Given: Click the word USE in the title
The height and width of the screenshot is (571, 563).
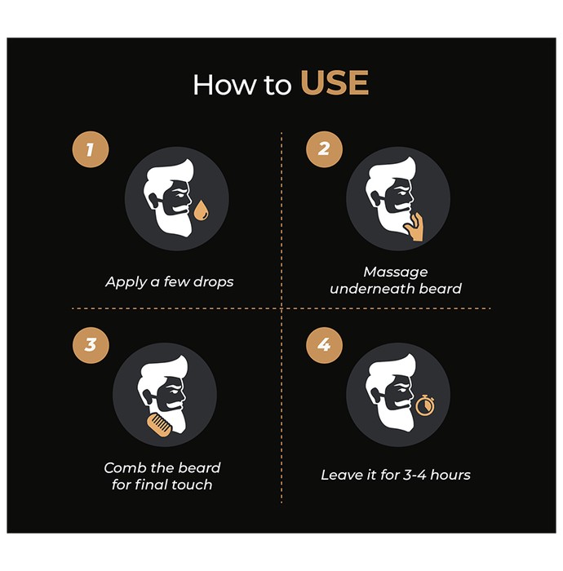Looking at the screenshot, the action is pos(335,83).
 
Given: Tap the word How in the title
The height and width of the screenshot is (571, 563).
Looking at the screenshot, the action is pos(224,85).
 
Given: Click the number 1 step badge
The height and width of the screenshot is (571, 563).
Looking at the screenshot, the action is pos(91,149).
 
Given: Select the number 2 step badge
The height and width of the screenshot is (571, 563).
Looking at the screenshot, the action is pos(324,149).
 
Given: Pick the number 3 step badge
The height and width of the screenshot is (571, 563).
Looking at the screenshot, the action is pos(91,345).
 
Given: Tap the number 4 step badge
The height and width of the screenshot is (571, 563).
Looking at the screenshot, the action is pos(324,345).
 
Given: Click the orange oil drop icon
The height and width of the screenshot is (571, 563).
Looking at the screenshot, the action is pos(201,210).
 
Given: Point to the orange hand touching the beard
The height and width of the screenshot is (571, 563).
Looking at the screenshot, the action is pos(414,228).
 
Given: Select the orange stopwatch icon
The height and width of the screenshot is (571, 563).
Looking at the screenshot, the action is pos(424,405).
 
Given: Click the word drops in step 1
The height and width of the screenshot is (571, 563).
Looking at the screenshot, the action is pos(213,281).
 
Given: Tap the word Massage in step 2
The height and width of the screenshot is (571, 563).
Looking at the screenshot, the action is pos(396,272).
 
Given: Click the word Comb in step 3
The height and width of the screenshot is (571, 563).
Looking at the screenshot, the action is pos(120,468).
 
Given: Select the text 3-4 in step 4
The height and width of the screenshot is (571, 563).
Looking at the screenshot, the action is pos(414,475).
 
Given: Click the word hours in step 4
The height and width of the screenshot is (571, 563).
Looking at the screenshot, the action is pos(450,475).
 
